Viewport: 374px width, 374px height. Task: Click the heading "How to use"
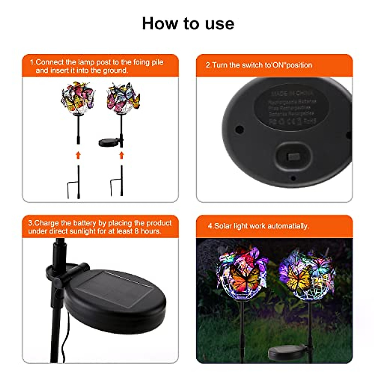pos(188,24)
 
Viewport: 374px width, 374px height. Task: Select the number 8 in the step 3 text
pos(137,231)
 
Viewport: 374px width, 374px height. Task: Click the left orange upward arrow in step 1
pos(78,155)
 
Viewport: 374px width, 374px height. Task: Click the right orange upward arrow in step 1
pos(122,155)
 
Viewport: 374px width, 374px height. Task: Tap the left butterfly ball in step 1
pos(78,98)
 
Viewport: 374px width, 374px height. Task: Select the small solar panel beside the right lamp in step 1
pos(109,142)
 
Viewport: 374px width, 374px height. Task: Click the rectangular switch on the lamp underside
pos(294,156)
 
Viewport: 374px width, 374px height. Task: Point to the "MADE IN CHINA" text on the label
pos(292,93)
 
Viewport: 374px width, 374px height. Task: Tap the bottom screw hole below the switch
pos(293,179)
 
